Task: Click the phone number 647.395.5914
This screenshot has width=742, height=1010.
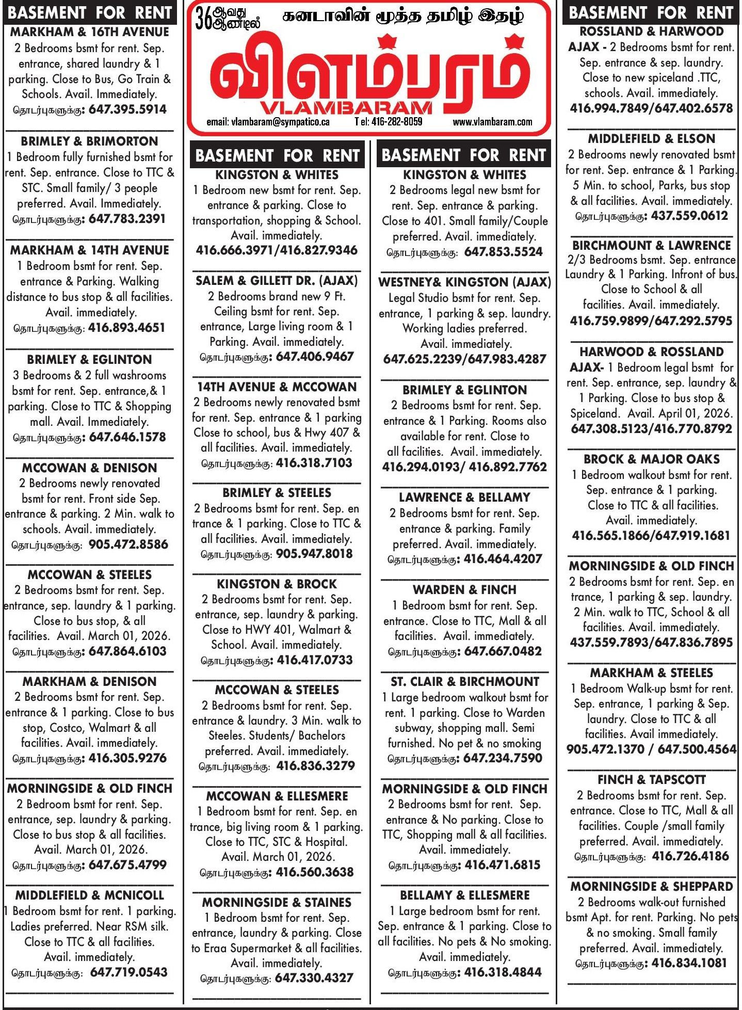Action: click(x=127, y=110)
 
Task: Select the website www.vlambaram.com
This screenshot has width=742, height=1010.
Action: click(x=492, y=122)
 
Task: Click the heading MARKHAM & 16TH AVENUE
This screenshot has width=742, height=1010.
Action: click(x=90, y=32)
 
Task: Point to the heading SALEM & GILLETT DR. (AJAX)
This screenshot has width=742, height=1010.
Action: click(x=277, y=281)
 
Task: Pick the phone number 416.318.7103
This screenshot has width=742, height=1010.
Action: click(x=314, y=463)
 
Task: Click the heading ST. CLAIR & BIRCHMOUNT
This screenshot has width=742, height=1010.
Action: click(x=464, y=682)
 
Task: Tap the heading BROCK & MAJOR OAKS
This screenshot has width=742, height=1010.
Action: click(x=651, y=459)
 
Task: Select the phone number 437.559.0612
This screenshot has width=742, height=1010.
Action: click(x=689, y=216)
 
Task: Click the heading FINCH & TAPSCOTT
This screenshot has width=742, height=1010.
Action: click(x=651, y=779)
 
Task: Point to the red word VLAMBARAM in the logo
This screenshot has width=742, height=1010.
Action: click(x=346, y=108)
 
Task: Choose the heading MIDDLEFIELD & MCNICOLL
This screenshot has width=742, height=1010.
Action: click(x=90, y=895)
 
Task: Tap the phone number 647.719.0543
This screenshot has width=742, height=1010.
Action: click(x=128, y=972)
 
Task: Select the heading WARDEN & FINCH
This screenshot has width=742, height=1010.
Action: click(x=464, y=590)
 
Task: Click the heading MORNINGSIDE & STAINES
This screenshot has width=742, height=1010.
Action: click(x=277, y=903)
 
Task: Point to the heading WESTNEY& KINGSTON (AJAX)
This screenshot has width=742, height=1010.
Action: click(x=464, y=282)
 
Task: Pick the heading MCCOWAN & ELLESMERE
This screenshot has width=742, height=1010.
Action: click(x=277, y=796)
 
